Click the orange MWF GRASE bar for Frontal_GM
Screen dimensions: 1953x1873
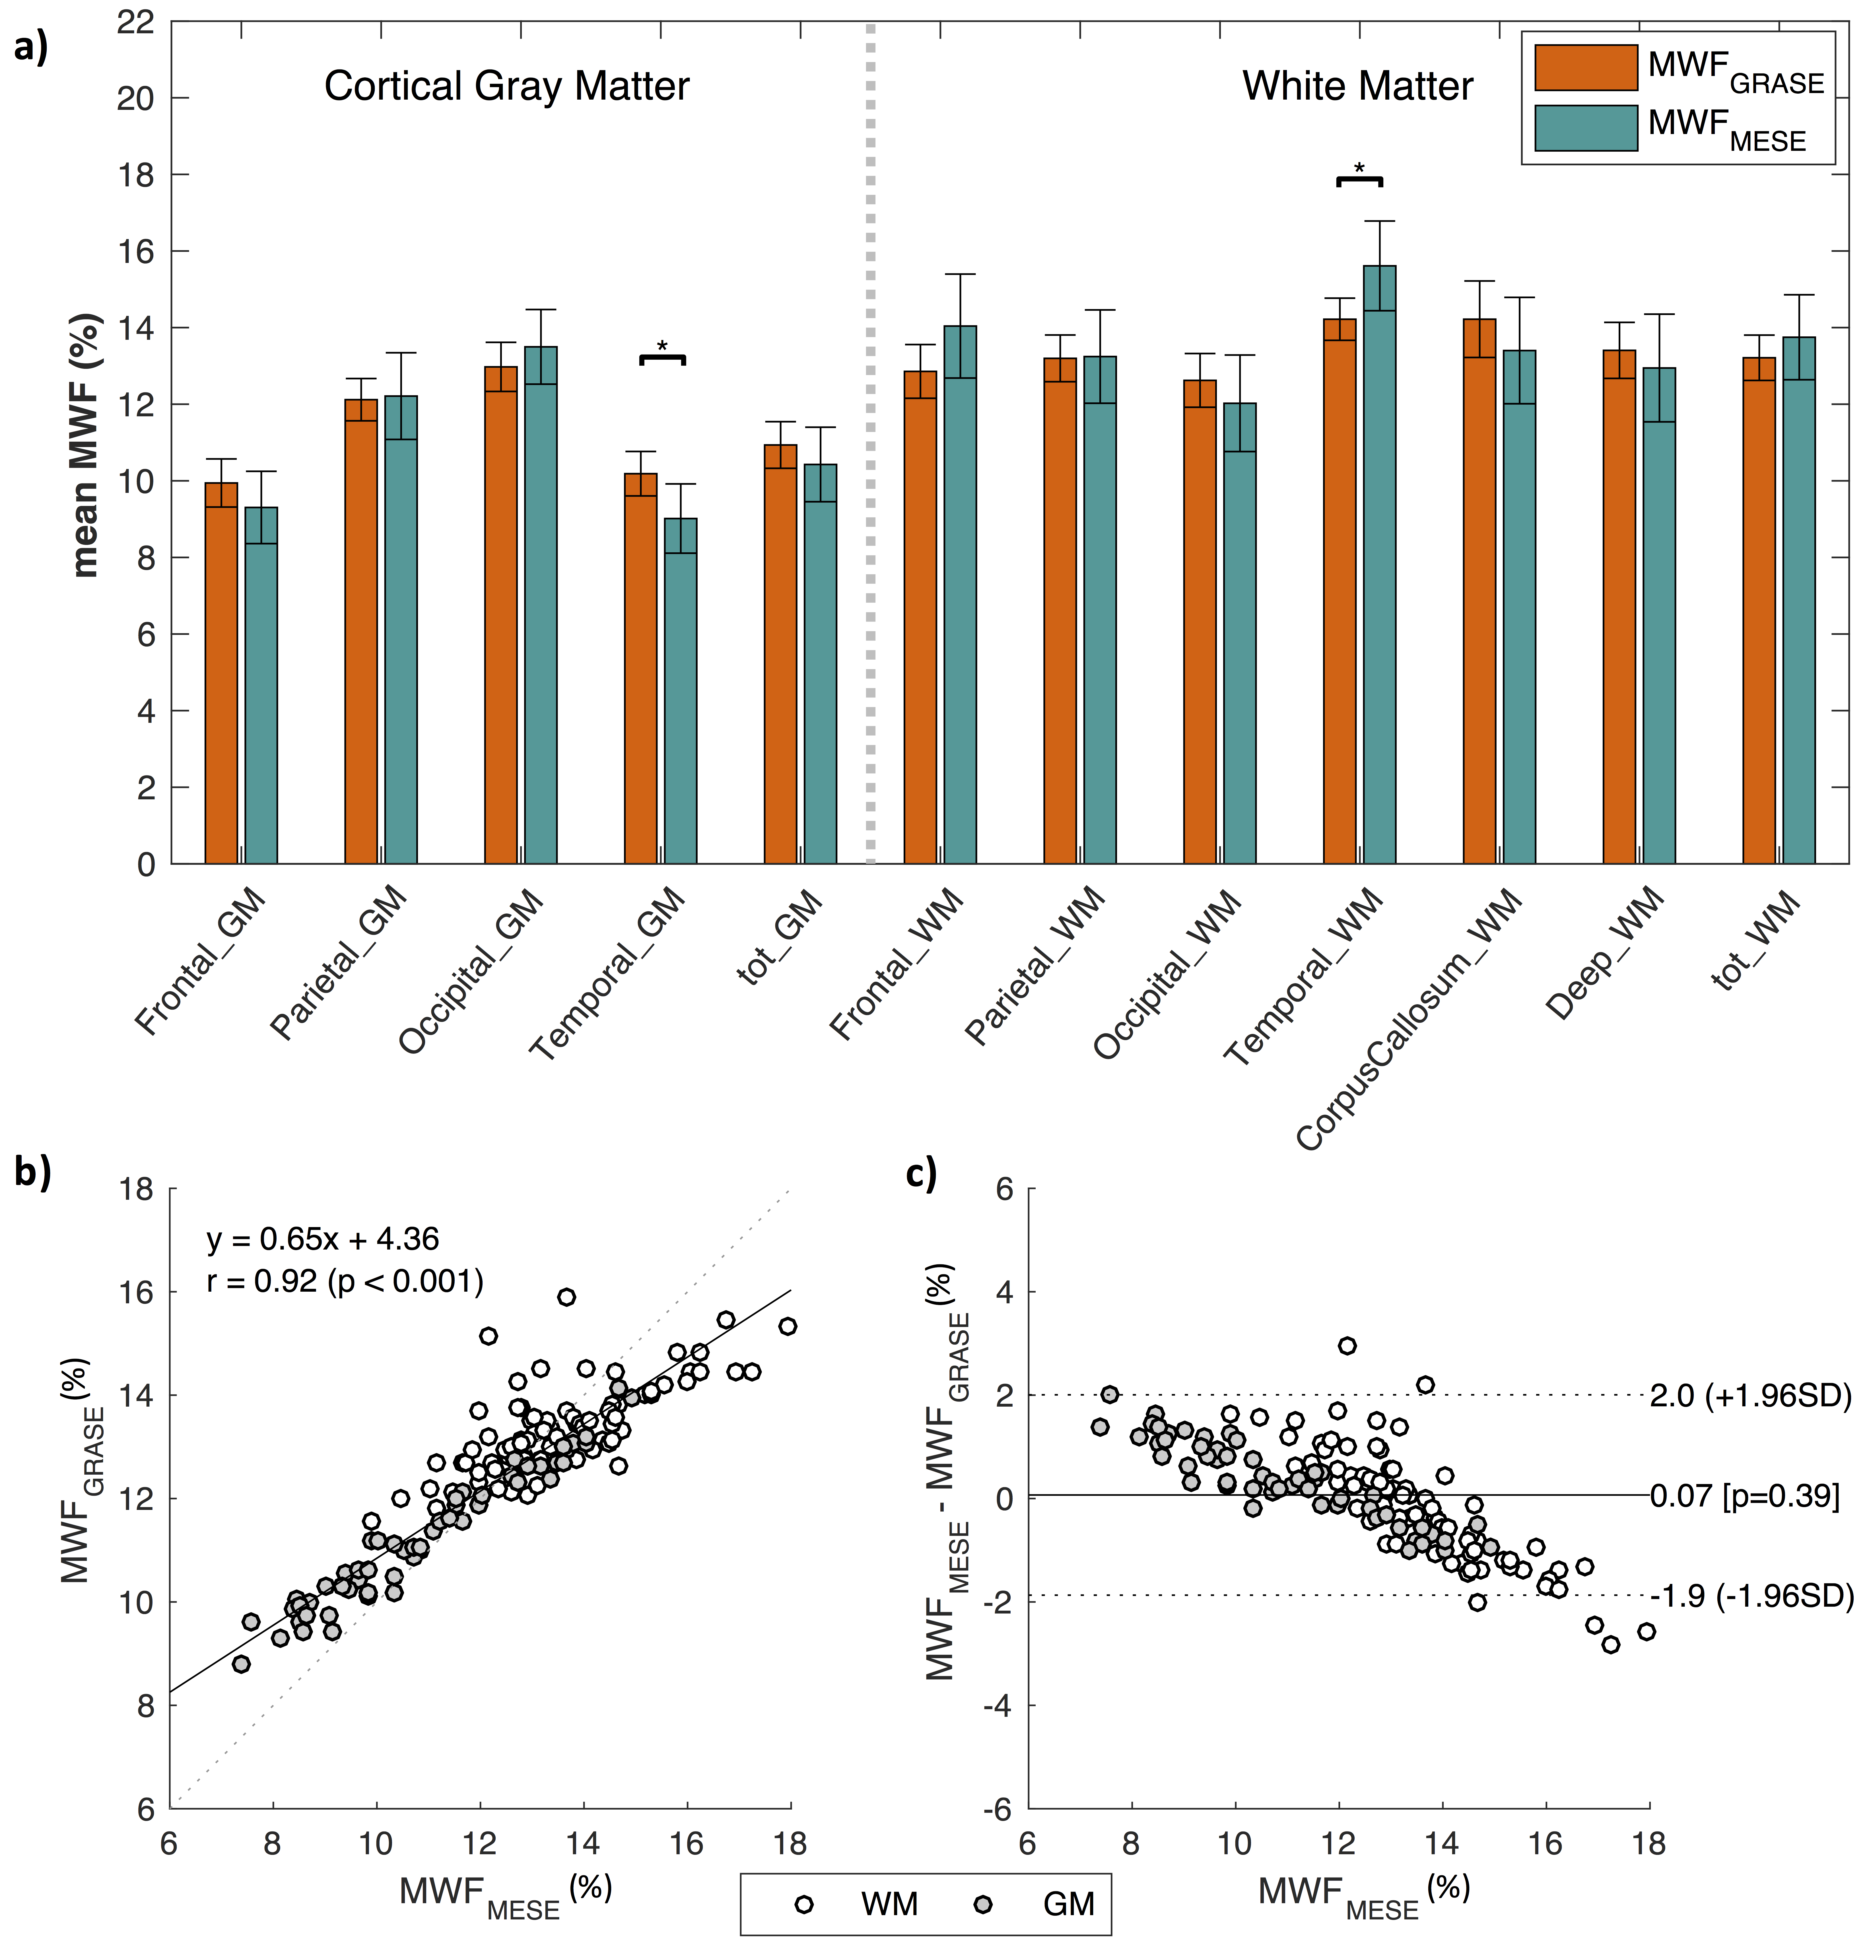[x=221, y=673]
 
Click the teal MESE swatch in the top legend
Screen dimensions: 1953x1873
[x=1585, y=129]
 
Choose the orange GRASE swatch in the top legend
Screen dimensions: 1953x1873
[x=1585, y=68]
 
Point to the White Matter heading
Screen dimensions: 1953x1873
[x=1357, y=87]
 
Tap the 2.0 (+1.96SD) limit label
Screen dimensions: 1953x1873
[x=1750, y=1396]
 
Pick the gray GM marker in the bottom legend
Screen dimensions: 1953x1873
[x=983, y=1904]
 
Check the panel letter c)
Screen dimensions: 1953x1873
[x=922, y=1176]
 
